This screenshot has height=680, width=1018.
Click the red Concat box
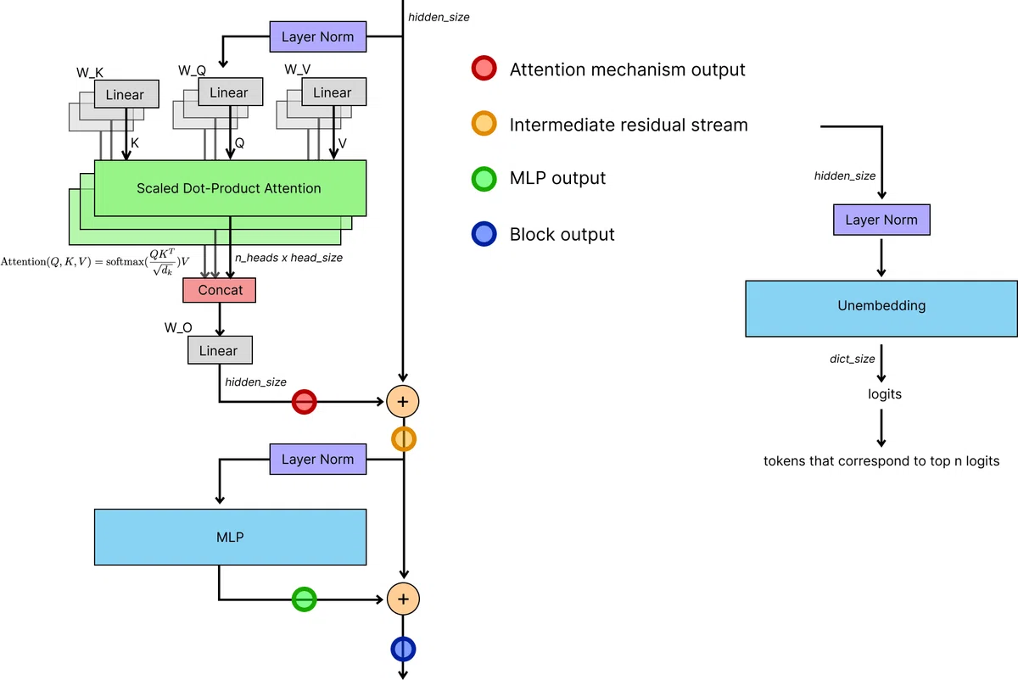220,290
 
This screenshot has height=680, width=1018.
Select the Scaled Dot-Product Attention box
230,188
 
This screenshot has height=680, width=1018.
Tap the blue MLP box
230,537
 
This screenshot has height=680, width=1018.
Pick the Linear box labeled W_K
126,94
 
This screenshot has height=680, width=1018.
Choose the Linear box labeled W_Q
231,92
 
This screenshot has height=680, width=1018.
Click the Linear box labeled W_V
334,92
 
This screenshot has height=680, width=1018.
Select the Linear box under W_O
220,350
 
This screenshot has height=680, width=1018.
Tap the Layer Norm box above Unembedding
881,220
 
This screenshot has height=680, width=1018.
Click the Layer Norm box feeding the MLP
317,459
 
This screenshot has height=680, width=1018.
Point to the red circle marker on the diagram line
304,402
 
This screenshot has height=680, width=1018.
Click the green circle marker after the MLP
304,599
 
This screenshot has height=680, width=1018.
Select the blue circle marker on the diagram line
403,649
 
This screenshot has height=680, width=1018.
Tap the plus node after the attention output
403,402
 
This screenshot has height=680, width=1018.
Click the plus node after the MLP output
403,599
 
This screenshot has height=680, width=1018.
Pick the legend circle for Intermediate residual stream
484,123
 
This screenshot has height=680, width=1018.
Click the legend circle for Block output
484,234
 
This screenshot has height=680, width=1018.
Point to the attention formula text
95,262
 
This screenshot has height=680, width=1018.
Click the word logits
884,393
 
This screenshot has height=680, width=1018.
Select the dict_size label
852,359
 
